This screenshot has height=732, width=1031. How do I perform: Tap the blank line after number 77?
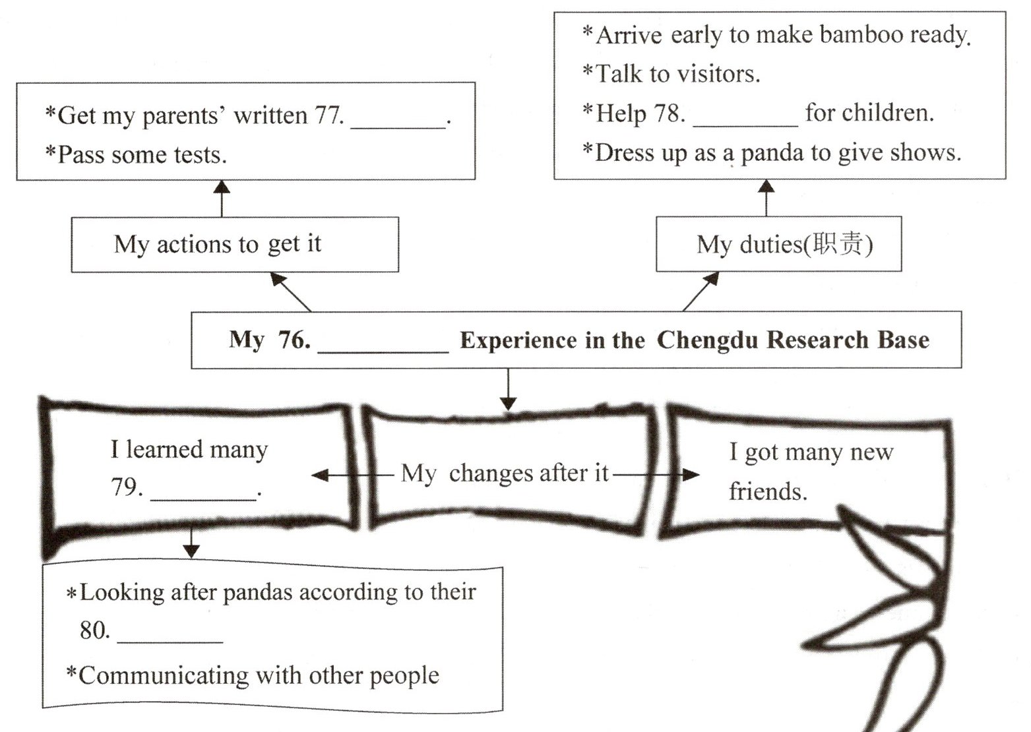(x=398, y=125)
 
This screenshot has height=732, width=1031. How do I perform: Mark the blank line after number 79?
(x=203, y=497)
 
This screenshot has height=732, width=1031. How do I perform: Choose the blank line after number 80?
(x=170, y=640)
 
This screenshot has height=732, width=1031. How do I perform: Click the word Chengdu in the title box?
(x=706, y=340)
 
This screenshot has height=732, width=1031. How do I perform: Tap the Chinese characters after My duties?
(x=837, y=244)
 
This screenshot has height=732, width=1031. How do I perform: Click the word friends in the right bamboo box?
(x=768, y=491)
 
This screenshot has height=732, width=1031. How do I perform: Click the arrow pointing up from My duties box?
(x=766, y=197)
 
